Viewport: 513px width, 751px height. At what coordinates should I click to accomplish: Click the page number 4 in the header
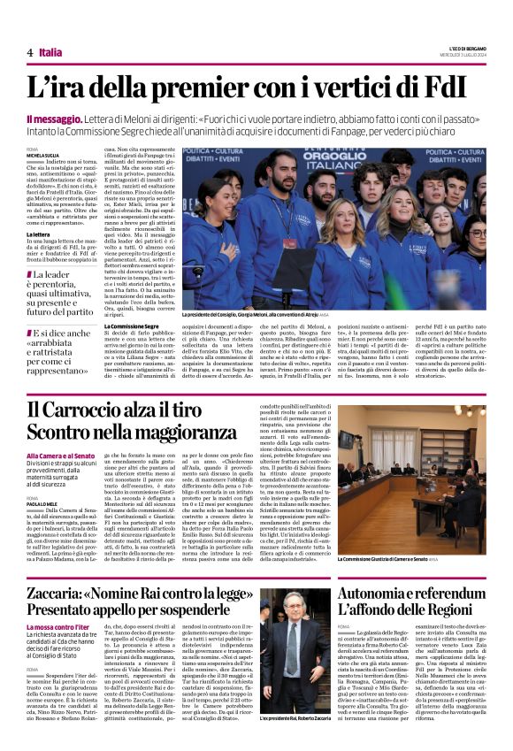point(29,53)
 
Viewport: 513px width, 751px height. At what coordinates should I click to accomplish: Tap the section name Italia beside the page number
point(51,53)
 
